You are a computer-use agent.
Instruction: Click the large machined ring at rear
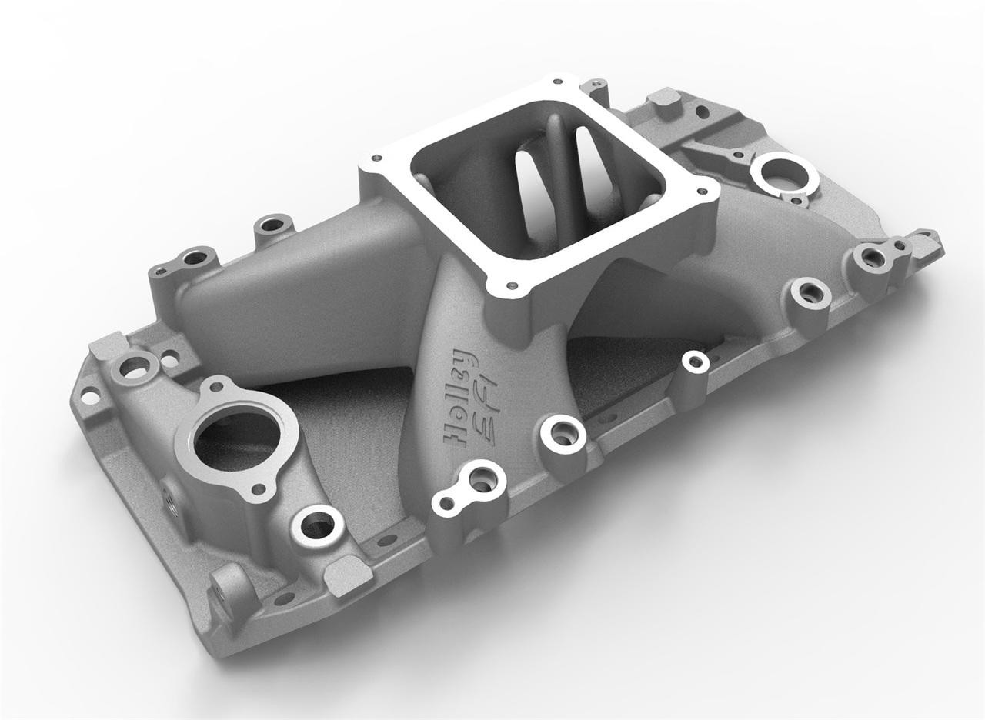783,175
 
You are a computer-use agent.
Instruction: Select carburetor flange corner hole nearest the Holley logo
508,288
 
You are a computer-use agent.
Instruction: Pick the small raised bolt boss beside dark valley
695,362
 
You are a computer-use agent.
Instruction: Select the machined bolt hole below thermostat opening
317,525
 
